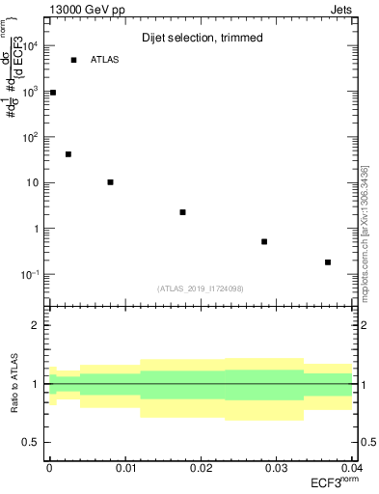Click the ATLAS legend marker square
73,60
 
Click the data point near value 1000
53,93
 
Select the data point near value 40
68,154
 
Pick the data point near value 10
111,182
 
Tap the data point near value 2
182,212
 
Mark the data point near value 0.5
264,241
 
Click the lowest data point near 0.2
328,262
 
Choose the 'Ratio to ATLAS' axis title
16,384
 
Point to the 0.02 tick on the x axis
201,467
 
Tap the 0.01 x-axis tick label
124,467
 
